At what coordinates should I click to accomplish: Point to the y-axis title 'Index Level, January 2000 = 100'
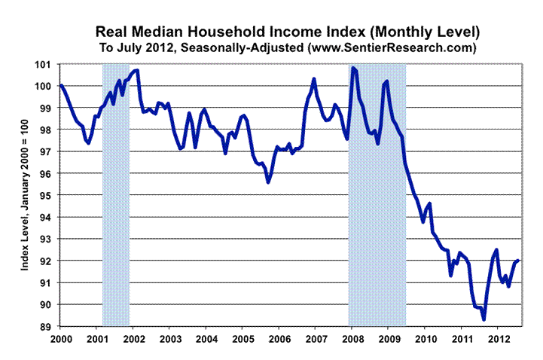(x=25, y=196)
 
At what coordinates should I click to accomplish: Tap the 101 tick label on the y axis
(x=47, y=64)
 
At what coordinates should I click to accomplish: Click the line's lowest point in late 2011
(x=484, y=319)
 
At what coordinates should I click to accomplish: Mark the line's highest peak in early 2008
(x=353, y=69)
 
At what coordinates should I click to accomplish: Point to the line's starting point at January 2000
(x=60, y=85)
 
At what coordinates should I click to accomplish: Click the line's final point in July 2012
(x=519, y=260)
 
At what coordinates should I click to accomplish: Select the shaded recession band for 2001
(x=116, y=196)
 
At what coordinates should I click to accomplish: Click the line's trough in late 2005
(x=268, y=182)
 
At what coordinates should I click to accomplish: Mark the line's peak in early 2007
(x=314, y=79)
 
